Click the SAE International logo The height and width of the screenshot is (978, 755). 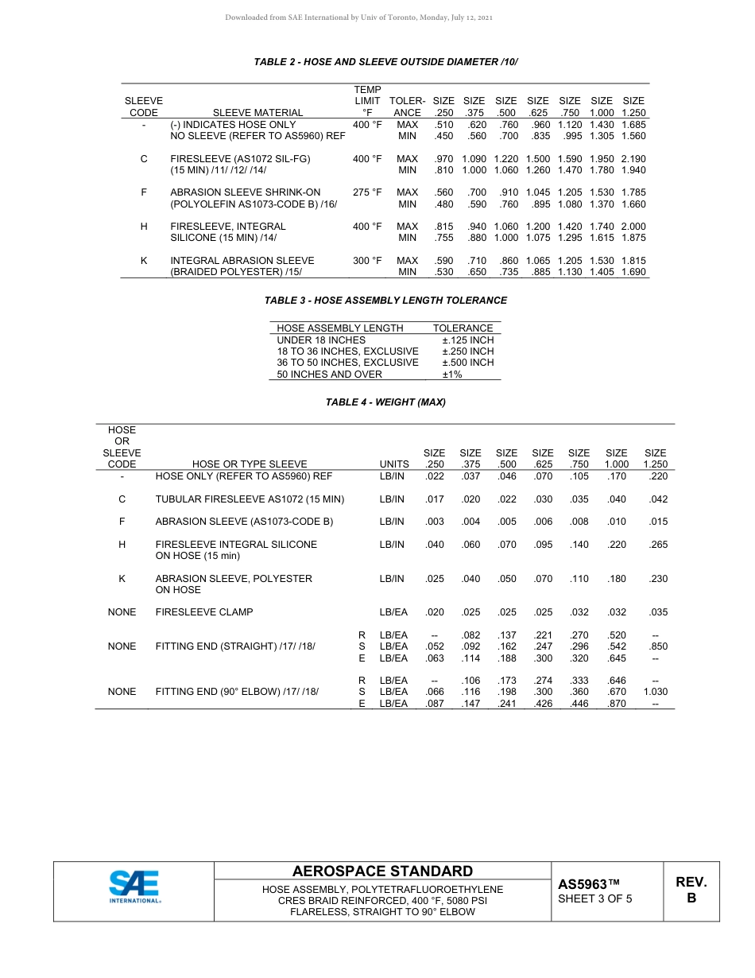[134, 887]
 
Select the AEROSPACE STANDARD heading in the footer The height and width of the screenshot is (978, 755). [382, 871]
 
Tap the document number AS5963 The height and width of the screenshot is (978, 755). [588, 884]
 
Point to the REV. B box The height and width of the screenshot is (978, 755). [691, 890]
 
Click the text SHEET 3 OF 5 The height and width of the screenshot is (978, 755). [594, 899]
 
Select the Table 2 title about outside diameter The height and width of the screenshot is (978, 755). [385, 61]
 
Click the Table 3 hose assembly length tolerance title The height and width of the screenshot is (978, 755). [385, 301]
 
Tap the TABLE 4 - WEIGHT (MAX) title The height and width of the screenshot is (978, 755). [385, 402]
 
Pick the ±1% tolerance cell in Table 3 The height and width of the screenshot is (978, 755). [451, 374]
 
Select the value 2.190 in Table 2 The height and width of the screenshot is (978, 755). [633, 159]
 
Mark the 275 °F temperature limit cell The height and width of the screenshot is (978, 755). [367, 192]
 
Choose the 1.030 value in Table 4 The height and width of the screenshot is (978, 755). [655, 692]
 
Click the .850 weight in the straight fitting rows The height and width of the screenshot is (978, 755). [658, 646]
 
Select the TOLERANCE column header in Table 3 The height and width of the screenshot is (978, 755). [463, 328]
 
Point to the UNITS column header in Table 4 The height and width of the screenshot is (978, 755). [394, 464]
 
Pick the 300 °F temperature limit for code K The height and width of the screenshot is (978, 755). [367, 261]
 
